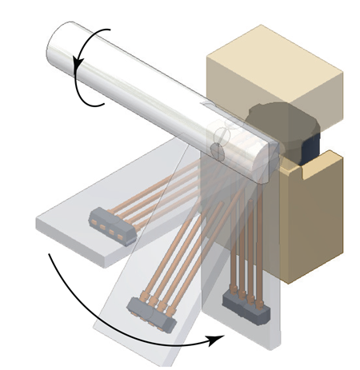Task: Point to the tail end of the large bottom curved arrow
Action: (50, 255)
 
